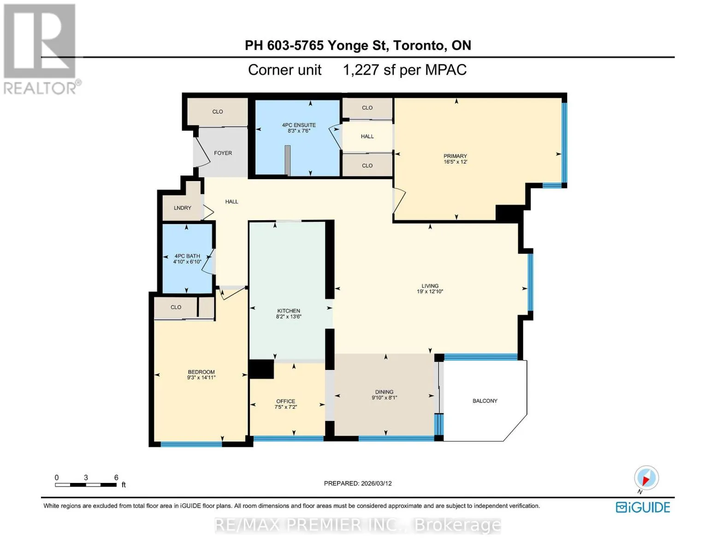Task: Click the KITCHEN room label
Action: click(x=288, y=311)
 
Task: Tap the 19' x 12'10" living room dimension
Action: click(x=430, y=292)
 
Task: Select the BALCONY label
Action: click(x=485, y=401)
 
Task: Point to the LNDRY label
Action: click(x=183, y=208)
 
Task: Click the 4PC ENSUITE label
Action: click(x=299, y=125)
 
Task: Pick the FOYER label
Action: click(x=223, y=153)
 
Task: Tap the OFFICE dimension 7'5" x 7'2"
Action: click(x=286, y=407)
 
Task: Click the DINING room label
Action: click(x=384, y=392)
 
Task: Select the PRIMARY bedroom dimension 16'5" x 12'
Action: click(x=455, y=162)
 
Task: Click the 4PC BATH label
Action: click(x=187, y=256)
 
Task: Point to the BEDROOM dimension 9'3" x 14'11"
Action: click(x=201, y=377)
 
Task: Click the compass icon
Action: click(x=646, y=478)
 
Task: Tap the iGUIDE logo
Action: click(x=643, y=507)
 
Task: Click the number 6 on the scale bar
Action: click(x=116, y=477)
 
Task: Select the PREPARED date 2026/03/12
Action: click(x=376, y=483)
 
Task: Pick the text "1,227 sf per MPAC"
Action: click(x=405, y=70)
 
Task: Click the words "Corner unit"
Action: click(x=284, y=70)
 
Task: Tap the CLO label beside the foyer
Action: click(x=218, y=112)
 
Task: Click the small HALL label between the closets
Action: click(x=367, y=136)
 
